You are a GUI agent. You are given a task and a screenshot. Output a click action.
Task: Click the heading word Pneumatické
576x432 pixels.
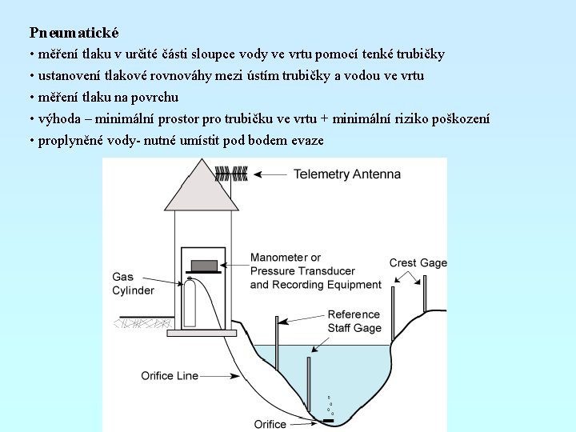click(74, 33)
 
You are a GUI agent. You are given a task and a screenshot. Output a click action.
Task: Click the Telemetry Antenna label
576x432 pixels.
click(346, 174)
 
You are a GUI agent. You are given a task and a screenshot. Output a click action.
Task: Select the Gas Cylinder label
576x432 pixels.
click(133, 284)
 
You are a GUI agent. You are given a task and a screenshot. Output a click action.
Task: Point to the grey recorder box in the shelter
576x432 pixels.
click(204, 265)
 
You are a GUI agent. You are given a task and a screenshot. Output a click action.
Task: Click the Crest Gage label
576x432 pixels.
click(418, 263)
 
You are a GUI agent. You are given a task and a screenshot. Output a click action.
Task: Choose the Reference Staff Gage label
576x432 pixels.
click(354, 321)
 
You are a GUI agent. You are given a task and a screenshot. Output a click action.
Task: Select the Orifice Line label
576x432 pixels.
click(170, 375)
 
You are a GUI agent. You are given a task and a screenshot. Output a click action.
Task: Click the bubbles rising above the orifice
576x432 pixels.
click(329, 405)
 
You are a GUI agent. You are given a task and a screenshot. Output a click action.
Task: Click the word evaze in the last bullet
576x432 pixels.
click(307, 141)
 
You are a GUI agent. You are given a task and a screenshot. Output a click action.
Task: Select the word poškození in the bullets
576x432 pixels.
click(461, 119)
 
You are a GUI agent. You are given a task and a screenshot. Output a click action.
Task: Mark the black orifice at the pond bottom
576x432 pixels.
click(327, 420)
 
